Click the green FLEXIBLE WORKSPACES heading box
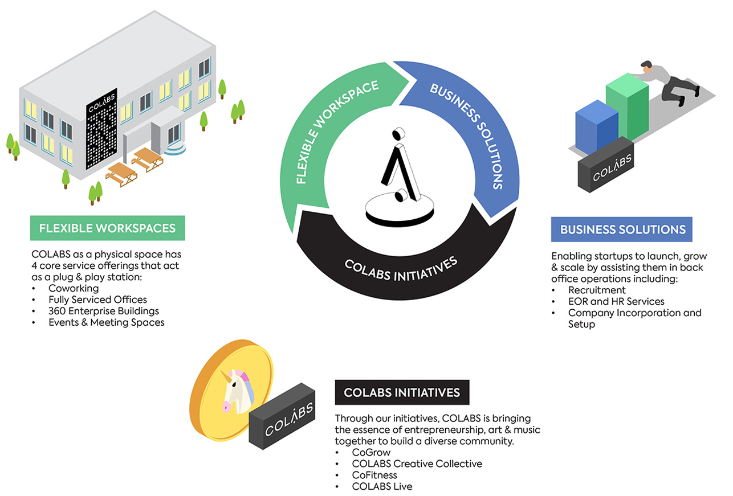[107, 228]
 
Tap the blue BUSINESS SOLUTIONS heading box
[622, 229]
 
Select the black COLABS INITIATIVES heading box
[402, 392]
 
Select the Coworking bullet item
[74, 288]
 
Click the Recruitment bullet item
[597, 290]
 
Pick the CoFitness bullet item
[374, 475]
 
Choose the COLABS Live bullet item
[382, 486]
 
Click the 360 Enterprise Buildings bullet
[104, 311]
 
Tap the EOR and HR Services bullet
[616, 301]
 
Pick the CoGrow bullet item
[371, 452]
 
